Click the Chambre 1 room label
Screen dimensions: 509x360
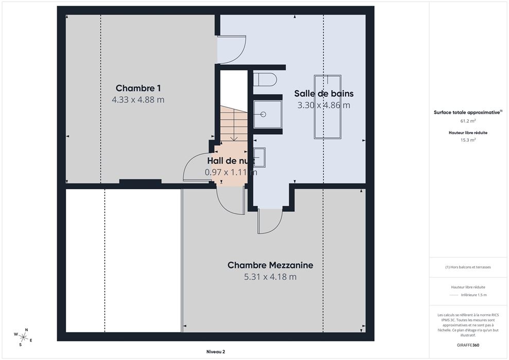click(x=138, y=88)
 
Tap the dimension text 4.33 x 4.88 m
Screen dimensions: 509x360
click(x=138, y=100)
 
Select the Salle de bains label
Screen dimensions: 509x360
click(x=324, y=94)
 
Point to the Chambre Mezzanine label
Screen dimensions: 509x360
click(x=270, y=265)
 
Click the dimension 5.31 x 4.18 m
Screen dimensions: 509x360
click(x=270, y=277)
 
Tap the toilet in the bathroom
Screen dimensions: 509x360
click(x=265, y=79)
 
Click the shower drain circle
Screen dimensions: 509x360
click(x=264, y=114)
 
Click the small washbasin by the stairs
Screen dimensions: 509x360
click(x=259, y=157)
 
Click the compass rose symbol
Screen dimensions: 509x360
click(x=23, y=337)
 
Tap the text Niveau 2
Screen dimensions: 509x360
click(x=216, y=352)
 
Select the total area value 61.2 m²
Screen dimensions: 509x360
click(x=468, y=121)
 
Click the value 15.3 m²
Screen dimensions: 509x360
click(x=468, y=140)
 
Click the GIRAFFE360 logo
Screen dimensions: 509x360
click(x=468, y=345)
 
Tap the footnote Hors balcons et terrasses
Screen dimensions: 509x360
click(x=468, y=267)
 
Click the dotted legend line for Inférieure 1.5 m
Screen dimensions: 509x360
click(x=453, y=295)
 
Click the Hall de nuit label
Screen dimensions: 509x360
click(x=231, y=160)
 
